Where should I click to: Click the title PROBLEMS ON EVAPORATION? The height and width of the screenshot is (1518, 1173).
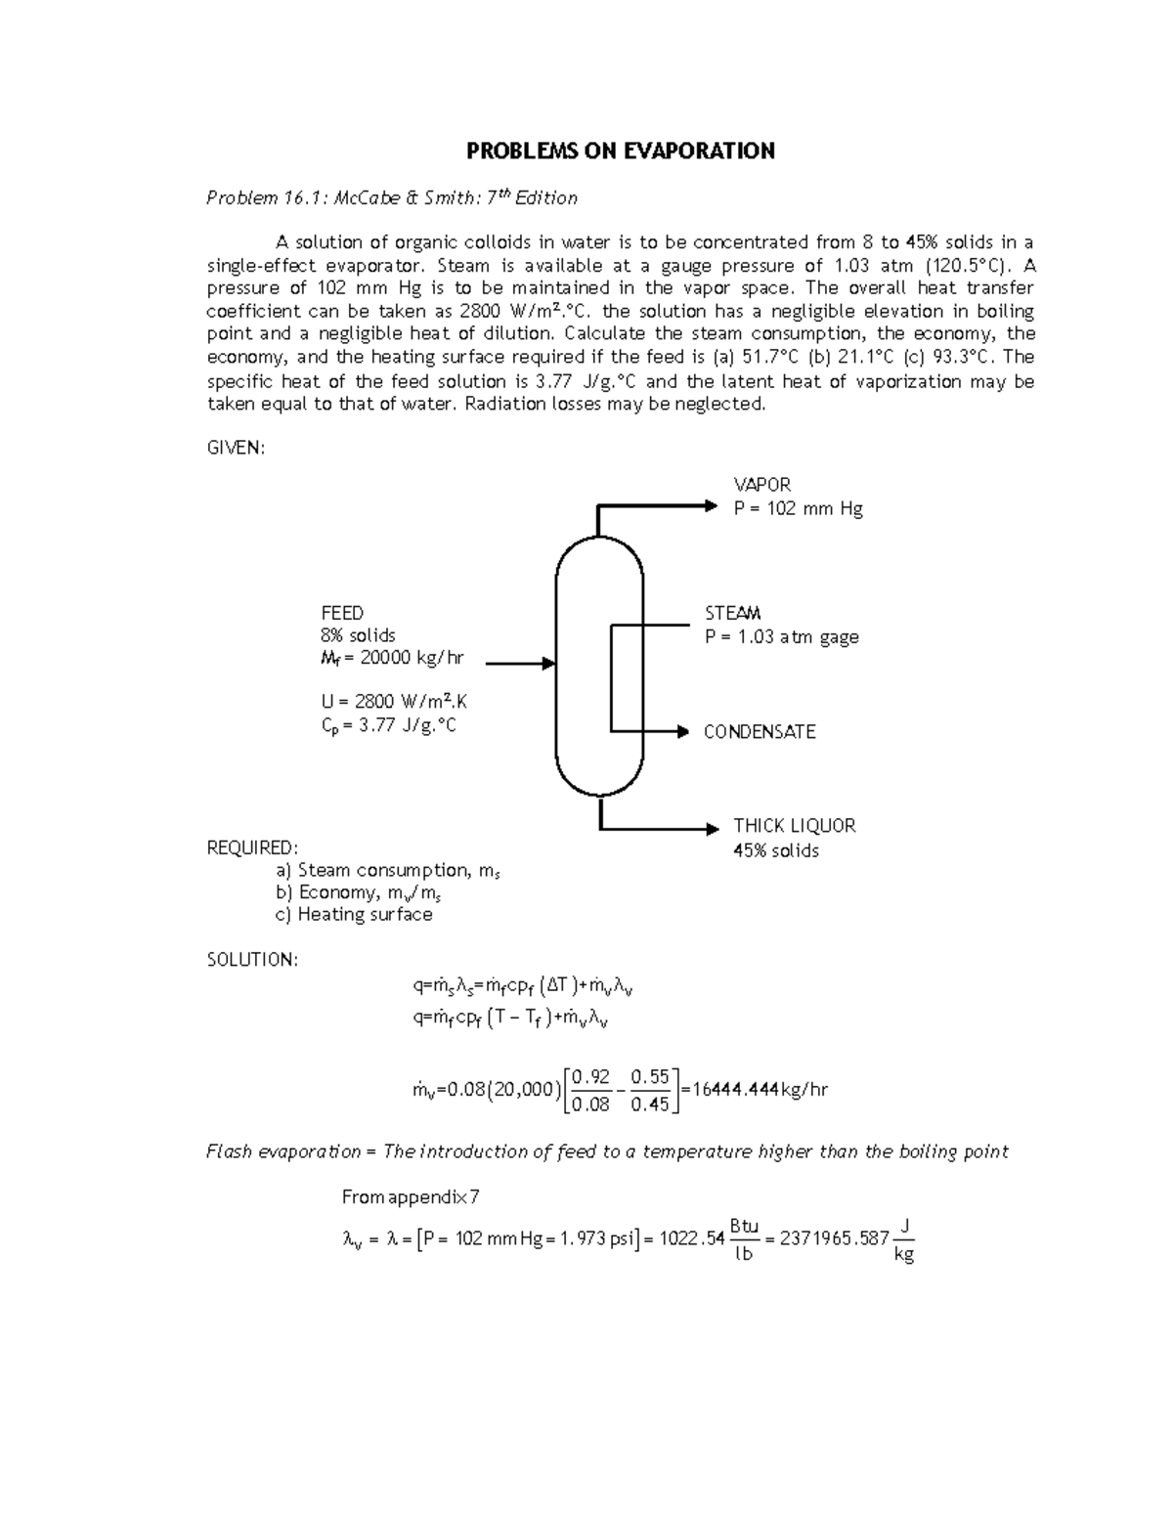[x=620, y=151]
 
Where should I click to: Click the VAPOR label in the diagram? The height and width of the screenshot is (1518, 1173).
[x=761, y=485]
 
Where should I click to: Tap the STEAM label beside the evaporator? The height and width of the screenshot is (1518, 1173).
[x=732, y=613]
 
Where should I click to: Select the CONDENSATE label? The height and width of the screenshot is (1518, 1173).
[x=760, y=732]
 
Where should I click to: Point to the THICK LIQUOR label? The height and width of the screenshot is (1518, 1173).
[x=794, y=826]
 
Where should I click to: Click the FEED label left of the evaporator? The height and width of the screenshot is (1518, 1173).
[x=342, y=613]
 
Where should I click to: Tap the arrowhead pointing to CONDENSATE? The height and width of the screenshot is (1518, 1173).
[x=683, y=731]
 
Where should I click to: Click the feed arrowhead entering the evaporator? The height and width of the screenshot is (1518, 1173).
[x=548, y=664]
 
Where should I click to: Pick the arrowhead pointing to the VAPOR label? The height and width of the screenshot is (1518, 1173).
[x=712, y=505]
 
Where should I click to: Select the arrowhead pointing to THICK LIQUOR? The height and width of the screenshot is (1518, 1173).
[x=712, y=829]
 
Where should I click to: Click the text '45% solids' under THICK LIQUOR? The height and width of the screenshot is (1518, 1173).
[x=776, y=850]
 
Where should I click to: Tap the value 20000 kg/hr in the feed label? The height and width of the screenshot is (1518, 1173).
[x=412, y=658]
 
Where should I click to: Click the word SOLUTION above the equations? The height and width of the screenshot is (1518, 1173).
[x=252, y=960]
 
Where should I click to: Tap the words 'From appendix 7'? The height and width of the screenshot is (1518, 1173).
[x=411, y=1197]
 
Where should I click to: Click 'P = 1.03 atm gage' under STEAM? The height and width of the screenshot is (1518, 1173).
[x=781, y=637]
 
